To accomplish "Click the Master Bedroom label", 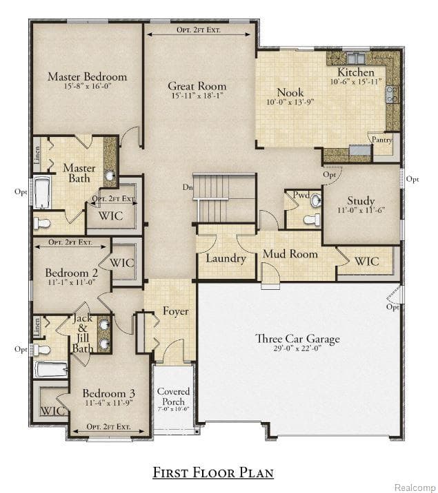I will click(x=87, y=76).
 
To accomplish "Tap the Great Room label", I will click(x=197, y=86).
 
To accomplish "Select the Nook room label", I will click(x=290, y=92).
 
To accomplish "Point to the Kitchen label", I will click(x=356, y=72).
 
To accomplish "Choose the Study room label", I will click(x=361, y=201).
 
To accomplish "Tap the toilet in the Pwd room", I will click(x=312, y=220).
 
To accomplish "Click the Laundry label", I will click(x=226, y=258).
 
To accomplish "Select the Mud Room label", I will click(x=290, y=254).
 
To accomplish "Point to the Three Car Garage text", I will click(x=297, y=339).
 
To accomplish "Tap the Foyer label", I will click(x=175, y=311).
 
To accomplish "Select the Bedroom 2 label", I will click(x=71, y=273).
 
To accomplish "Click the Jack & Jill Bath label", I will click(x=83, y=334).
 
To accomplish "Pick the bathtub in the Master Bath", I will click(x=41, y=193).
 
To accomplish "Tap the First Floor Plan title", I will click(x=213, y=472).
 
